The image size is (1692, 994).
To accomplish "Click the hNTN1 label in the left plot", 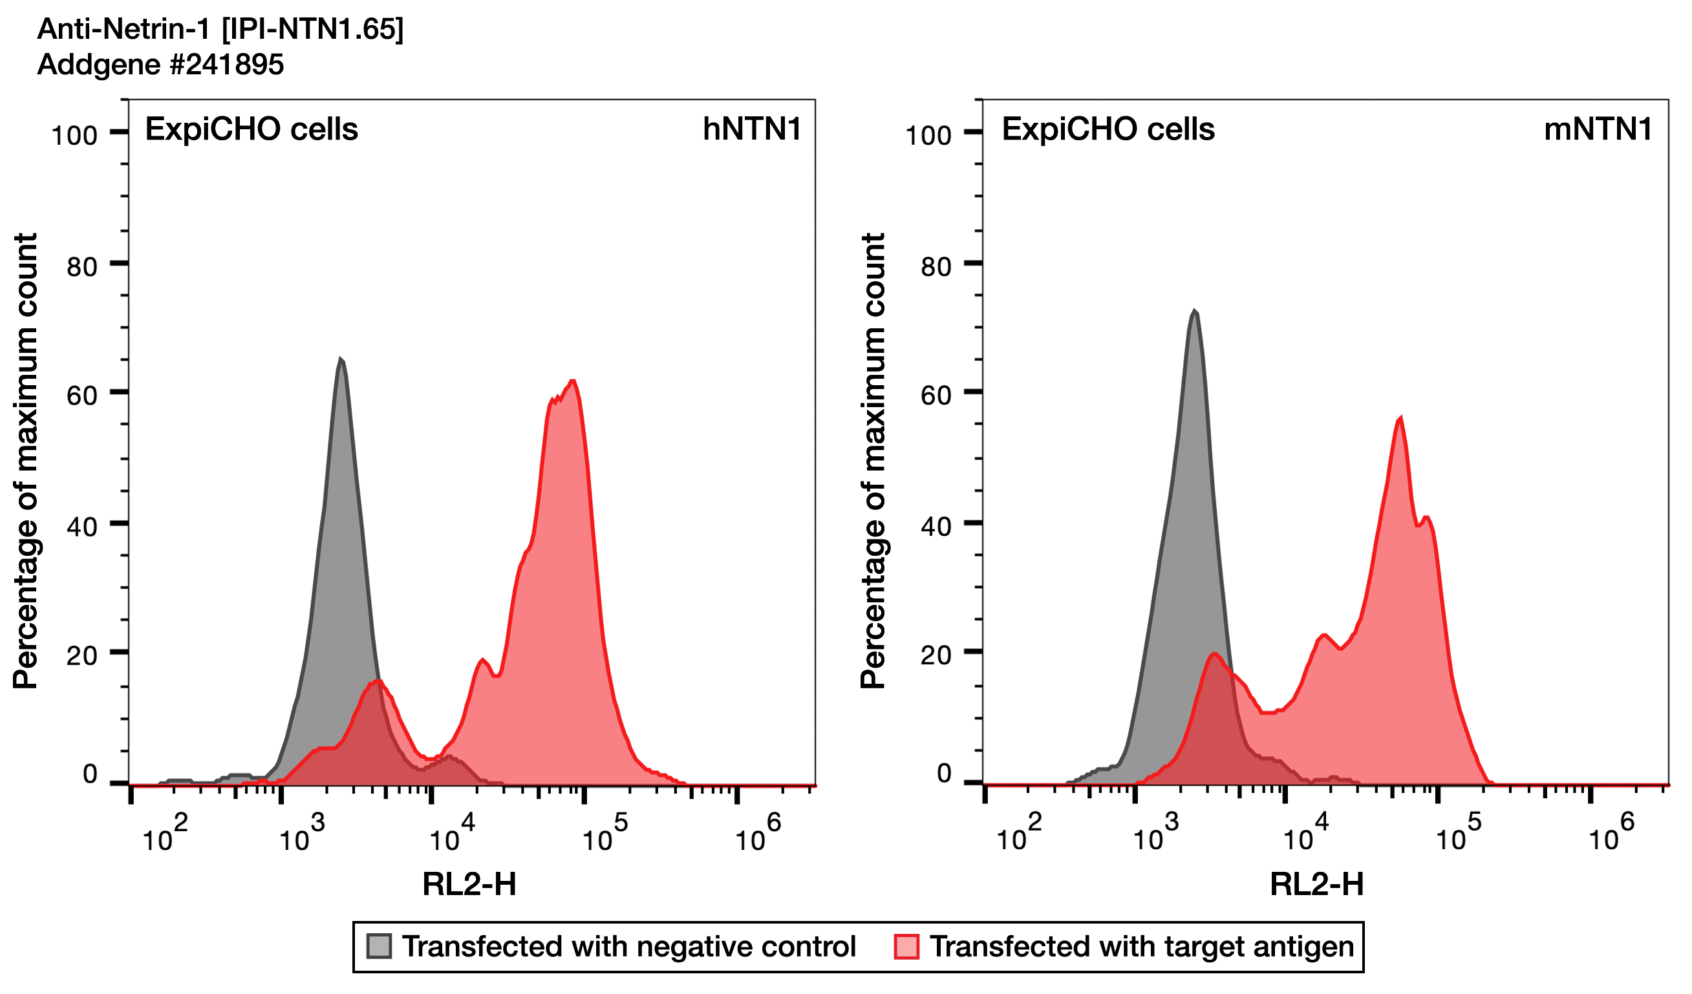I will pyautogui.click(x=751, y=129).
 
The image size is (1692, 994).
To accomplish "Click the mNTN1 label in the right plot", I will pyautogui.click(x=1598, y=129).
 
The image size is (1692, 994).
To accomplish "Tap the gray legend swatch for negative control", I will pyautogui.click(x=380, y=946).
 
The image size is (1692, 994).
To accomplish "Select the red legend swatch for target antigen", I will pyautogui.click(x=906, y=946).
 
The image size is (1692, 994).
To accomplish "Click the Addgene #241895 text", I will pyautogui.click(x=160, y=65).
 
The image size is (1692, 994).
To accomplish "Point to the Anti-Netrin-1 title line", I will pyautogui.click(x=220, y=30).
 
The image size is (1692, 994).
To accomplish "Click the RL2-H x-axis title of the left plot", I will pyautogui.click(x=469, y=884).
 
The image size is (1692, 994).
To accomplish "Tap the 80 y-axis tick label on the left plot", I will pyautogui.click(x=82, y=267).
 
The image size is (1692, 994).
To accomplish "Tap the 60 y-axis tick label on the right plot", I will pyautogui.click(x=936, y=396).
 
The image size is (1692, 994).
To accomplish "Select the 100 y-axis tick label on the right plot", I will pyautogui.click(x=928, y=136).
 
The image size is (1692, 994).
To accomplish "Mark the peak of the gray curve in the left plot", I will pyautogui.click(x=341, y=361).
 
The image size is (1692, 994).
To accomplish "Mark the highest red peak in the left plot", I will pyautogui.click(x=572, y=382).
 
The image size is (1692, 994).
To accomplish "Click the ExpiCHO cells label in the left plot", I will pyautogui.click(x=252, y=129).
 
